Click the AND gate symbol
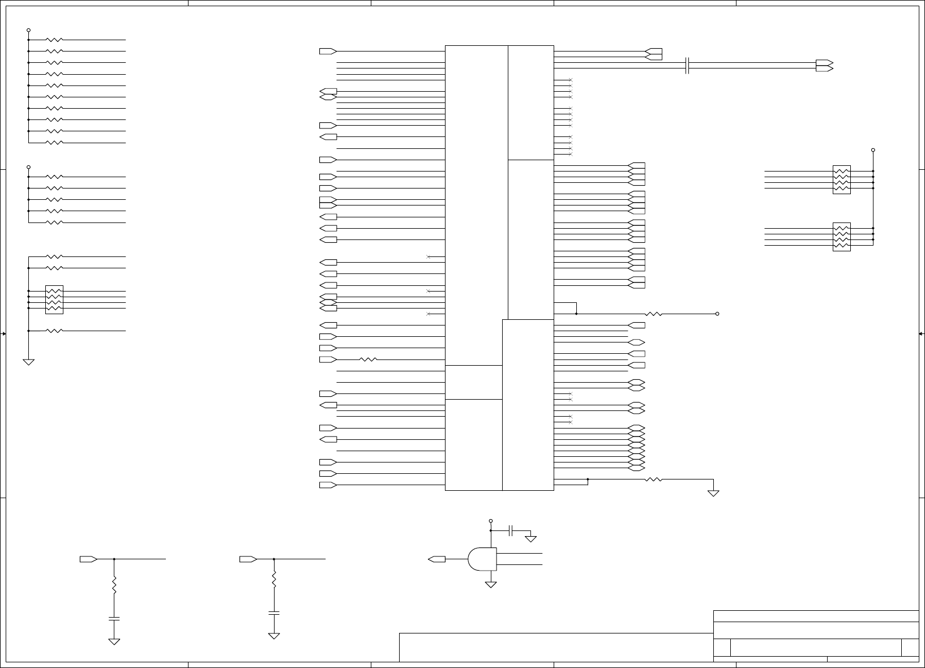pyautogui.click(x=482, y=559)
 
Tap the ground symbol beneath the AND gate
pyautogui.click(x=491, y=584)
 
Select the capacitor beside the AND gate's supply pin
pyautogui.click(x=511, y=530)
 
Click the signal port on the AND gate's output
pyautogui.click(x=436, y=559)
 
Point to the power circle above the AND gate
pyautogui.click(x=491, y=520)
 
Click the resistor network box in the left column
pyautogui.click(x=54, y=299)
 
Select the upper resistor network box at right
pyautogui.click(x=842, y=179)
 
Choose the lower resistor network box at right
pyautogui.click(x=842, y=237)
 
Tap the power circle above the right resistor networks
pyautogui.click(x=873, y=150)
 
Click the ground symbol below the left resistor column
pyautogui.click(x=28, y=362)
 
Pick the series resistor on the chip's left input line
pyautogui.click(x=369, y=359)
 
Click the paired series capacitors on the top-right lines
pyautogui.click(x=687, y=66)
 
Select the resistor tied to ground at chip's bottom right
pyautogui.click(x=654, y=479)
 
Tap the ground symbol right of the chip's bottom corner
pyautogui.click(x=713, y=493)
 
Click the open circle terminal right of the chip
pyautogui.click(x=717, y=314)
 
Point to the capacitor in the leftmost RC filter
pyautogui.click(x=114, y=618)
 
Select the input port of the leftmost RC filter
pyautogui.click(x=88, y=559)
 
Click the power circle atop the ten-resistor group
pyautogui.click(x=28, y=30)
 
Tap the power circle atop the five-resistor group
pyautogui.click(x=28, y=167)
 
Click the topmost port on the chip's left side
pyautogui.click(x=328, y=51)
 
